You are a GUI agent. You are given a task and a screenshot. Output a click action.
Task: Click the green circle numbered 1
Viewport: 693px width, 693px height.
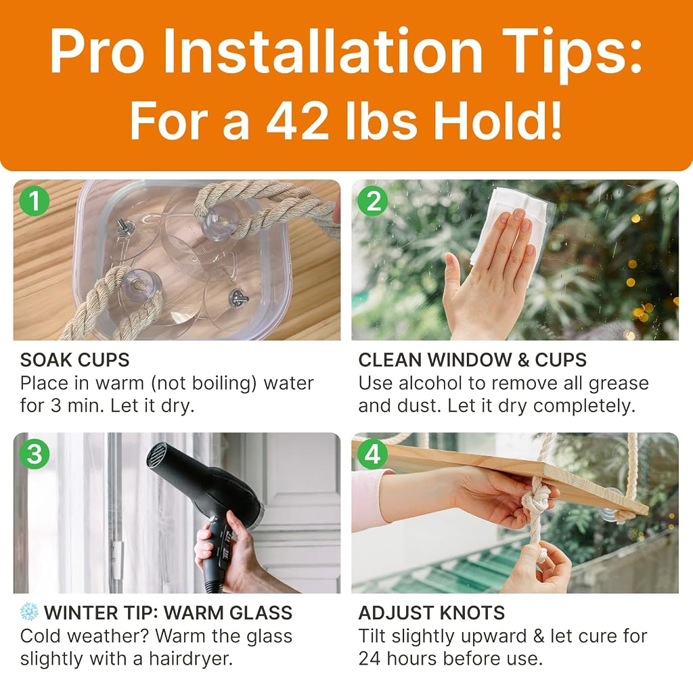(x=35, y=201)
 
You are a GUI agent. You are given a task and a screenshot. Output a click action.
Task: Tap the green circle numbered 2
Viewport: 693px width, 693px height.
(x=373, y=201)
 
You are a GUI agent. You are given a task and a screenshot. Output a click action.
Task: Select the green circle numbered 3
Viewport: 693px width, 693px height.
(x=35, y=454)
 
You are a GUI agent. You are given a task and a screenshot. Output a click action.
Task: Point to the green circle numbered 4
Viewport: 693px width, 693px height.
(x=373, y=454)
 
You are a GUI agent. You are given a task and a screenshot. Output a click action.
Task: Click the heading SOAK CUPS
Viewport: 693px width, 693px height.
(x=74, y=360)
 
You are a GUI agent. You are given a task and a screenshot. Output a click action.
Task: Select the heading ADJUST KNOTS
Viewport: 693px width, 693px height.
(x=431, y=613)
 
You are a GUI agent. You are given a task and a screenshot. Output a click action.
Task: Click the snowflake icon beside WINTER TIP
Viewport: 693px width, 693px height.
(x=29, y=612)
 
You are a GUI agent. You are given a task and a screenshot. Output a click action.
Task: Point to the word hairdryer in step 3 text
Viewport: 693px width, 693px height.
(x=190, y=658)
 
